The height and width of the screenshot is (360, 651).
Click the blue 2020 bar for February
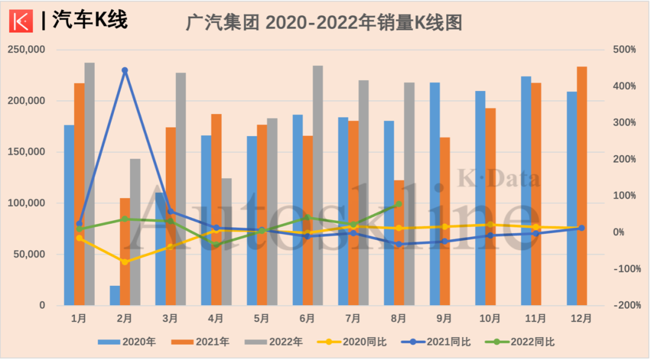pyautogui.click(x=115, y=295)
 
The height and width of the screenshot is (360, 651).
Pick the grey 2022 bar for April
pyautogui.click(x=226, y=241)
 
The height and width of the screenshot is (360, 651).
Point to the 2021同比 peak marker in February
pyautogui.click(x=125, y=71)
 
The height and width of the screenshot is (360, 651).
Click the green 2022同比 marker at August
pyautogui.click(x=399, y=204)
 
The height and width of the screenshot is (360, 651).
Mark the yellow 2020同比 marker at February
pyautogui.click(x=125, y=262)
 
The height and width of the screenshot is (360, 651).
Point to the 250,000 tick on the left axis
pyautogui.click(x=27, y=49)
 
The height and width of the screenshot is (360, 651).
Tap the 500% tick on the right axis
pyautogui.click(x=624, y=49)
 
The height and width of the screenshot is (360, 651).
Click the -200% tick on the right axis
pyautogui.click(x=624, y=306)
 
